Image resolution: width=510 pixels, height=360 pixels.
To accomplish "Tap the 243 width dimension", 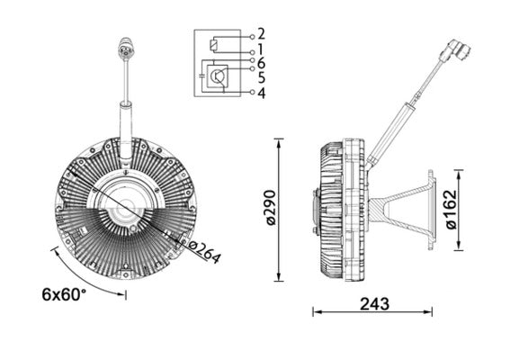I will point(373,304).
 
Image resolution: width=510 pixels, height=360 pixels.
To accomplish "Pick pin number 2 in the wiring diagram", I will point(261,34).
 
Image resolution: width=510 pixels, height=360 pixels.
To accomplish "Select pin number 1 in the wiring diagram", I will point(261,49).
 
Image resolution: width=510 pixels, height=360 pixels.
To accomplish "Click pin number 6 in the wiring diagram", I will point(261,63).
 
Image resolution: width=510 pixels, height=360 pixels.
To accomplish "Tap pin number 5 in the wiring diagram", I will point(261,77).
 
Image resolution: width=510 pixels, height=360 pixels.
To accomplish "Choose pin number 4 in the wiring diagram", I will point(261,93).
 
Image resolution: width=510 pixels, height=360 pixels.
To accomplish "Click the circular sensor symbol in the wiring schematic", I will point(217,78).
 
